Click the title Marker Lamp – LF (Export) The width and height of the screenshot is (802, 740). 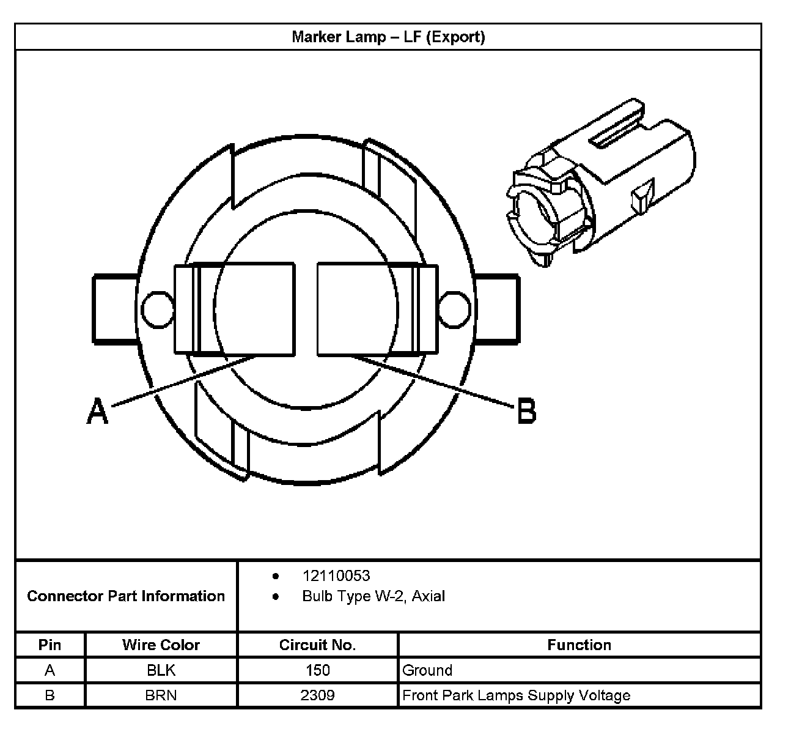pos(388,37)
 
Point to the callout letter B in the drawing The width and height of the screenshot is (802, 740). pos(526,410)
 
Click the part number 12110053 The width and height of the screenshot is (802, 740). pos(336,575)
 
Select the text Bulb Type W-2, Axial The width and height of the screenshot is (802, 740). pos(373,596)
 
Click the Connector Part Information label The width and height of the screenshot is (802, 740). pos(126,596)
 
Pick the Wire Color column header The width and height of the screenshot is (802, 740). pos(161,645)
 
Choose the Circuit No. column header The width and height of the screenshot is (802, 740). pos(317,645)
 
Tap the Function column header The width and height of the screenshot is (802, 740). pos(579,645)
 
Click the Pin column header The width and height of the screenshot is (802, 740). pos(50,645)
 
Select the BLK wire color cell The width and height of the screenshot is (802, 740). pos(161,670)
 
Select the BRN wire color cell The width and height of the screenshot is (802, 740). pos(161,695)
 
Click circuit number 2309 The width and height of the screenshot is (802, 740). pos(317,695)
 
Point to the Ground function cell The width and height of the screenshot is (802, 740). pos(427,670)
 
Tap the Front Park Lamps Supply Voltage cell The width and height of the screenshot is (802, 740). pos(516,695)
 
